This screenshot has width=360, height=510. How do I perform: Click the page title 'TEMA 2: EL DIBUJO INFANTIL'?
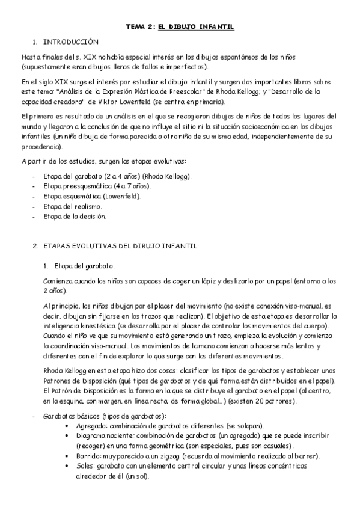[180, 27]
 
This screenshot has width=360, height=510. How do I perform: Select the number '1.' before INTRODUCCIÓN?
[35, 42]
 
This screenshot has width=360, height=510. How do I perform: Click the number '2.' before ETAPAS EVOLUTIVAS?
[35, 247]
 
